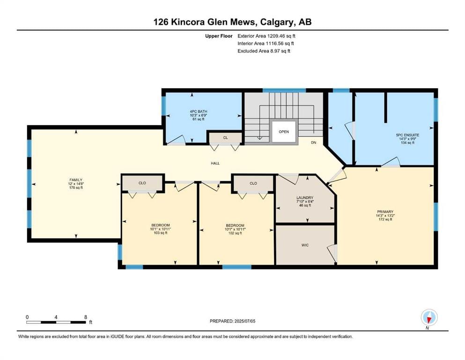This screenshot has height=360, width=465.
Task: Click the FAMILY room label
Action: (x=76, y=180)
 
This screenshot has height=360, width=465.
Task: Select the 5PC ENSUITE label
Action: (x=407, y=135)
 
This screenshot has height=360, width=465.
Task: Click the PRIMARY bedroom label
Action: (x=385, y=212)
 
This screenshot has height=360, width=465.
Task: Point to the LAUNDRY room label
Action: (x=305, y=198)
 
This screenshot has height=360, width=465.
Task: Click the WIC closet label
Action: (x=305, y=245)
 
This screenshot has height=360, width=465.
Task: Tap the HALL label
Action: (x=215, y=163)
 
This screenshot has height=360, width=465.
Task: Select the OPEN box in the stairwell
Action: (x=284, y=132)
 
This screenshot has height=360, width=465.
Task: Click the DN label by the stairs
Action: (x=313, y=142)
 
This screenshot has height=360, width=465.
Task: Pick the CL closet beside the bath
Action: (x=226, y=138)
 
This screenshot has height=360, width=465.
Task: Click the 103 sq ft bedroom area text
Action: (x=161, y=233)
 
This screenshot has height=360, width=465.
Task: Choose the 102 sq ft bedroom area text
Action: (x=235, y=233)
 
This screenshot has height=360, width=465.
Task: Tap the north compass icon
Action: (x=429, y=317)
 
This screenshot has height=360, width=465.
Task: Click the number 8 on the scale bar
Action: (x=86, y=317)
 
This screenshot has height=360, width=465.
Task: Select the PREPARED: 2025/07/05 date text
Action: (x=232, y=321)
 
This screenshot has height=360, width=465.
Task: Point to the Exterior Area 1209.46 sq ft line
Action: (x=266, y=36)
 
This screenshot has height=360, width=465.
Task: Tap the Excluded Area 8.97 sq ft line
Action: (x=264, y=51)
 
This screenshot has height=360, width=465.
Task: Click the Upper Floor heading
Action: (x=219, y=36)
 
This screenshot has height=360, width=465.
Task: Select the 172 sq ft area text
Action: (x=385, y=220)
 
